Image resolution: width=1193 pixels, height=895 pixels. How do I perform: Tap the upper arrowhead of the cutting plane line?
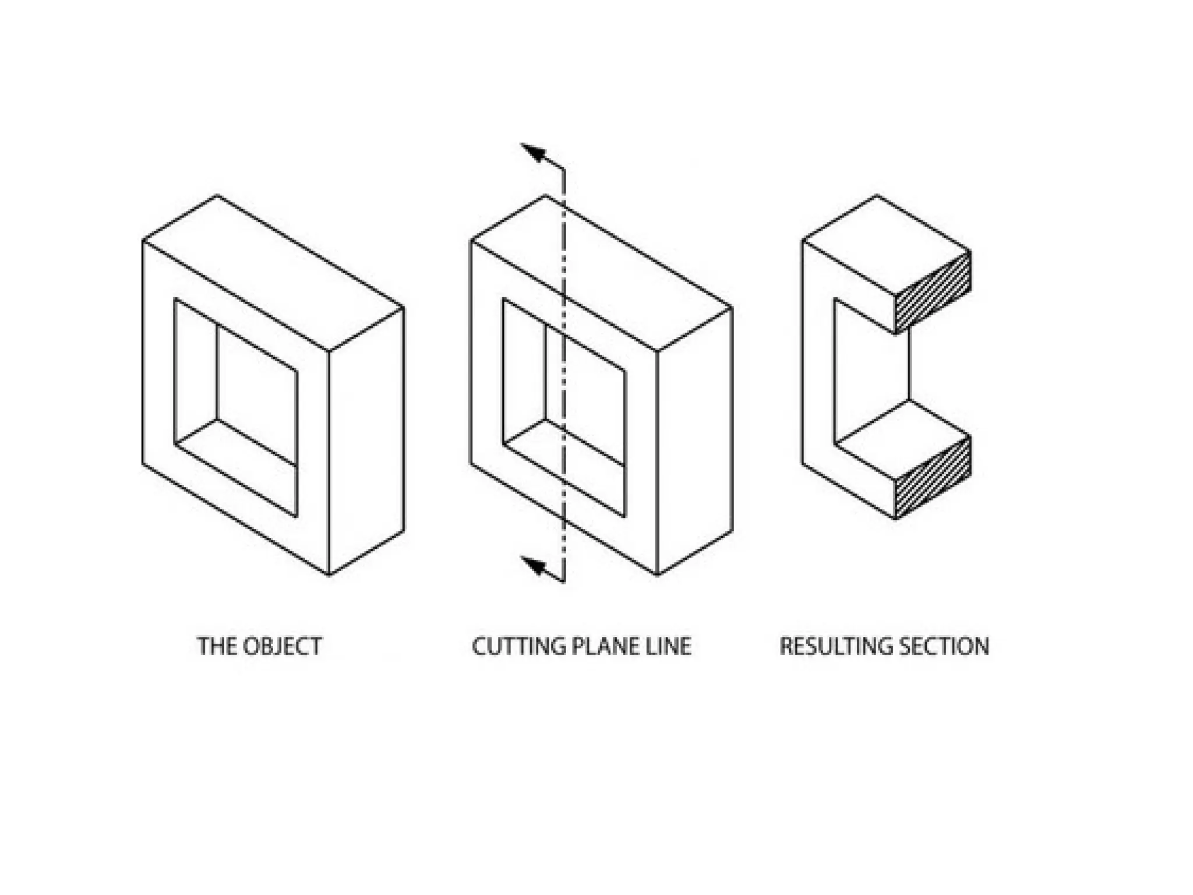coord(532,153)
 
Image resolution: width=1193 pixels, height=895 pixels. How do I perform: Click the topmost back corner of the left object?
coord(217,195)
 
